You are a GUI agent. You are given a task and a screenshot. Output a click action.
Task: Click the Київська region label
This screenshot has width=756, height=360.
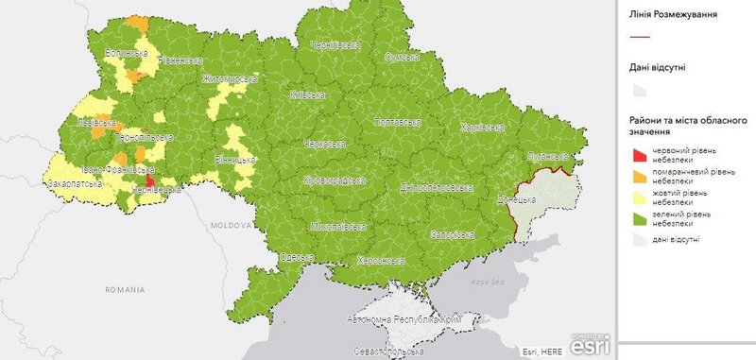click(308, 95)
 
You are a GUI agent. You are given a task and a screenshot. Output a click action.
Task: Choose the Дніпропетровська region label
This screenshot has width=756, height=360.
click(436, 188)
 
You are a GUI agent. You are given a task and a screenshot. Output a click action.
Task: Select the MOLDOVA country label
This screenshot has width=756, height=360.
click(229, 227)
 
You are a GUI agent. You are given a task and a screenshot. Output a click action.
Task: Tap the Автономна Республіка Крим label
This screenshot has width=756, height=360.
click(404, 321)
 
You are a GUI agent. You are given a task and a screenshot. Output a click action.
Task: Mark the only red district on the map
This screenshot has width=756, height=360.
click(151, 180)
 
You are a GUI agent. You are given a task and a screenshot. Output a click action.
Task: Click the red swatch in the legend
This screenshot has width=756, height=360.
click(640, 153)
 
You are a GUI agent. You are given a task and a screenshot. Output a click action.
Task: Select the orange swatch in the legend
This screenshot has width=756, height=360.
click(640, 176)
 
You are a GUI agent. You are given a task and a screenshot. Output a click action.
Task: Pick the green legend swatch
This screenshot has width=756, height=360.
click(640, 219)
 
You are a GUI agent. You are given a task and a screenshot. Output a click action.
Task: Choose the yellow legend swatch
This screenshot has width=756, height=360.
click(640, 197)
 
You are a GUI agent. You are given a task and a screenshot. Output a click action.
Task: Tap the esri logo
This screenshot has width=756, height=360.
click(593, 343)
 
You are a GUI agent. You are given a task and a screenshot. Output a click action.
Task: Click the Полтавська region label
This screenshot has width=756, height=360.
click(398, 123)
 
